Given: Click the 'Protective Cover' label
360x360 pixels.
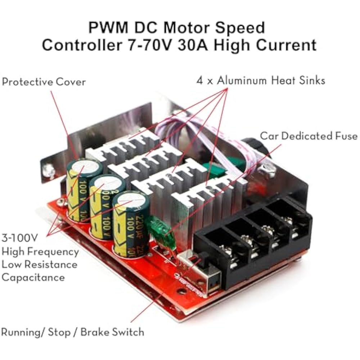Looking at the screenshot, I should click(44, 82).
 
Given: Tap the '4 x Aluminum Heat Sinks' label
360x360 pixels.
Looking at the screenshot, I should click(261, 80).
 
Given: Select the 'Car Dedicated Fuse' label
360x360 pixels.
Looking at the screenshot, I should click(309, 136).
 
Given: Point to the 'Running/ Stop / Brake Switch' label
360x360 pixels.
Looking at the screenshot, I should click(73, 332).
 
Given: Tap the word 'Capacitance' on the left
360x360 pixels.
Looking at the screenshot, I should click(33, 277).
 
